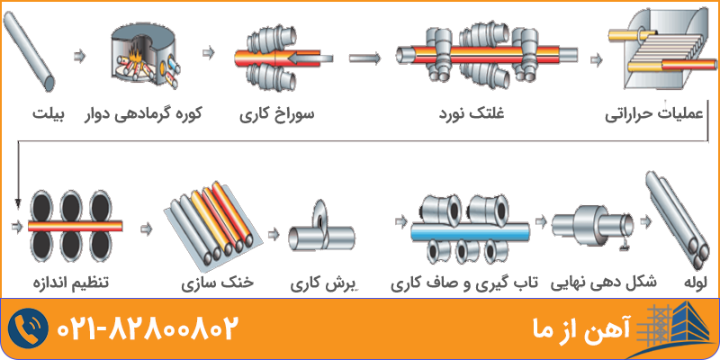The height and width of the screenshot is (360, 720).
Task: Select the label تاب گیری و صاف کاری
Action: coord(463,283)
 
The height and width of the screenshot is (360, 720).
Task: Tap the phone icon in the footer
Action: coord(29,328)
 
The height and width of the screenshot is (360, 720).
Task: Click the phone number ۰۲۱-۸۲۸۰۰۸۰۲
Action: coord(149,328)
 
